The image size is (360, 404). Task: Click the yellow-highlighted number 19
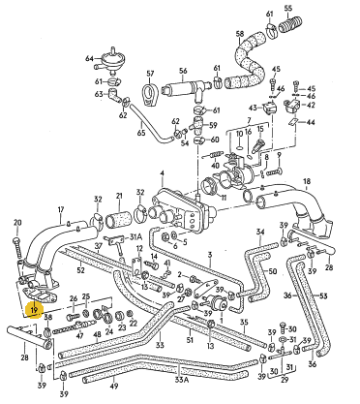pos(35,310)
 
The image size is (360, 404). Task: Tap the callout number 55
pos(288,8)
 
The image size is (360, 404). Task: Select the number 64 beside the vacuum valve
pos(89,58)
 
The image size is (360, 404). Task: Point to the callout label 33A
pos(182,380)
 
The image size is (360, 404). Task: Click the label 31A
pos(135,237)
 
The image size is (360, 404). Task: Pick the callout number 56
pos(183,71)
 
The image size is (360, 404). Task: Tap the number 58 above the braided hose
pos(240,33)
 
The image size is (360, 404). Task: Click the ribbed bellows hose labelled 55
pos(290,25)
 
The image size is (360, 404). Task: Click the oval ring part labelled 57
pos(149,94)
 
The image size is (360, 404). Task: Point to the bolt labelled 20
pos(17,250)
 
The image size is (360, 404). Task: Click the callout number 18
pos(307,181)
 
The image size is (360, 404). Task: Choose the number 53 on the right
pos(324,295)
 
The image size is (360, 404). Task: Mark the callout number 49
pos(114,386)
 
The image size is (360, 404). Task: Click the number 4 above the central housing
pos(162,173)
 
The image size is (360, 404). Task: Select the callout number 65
pos(141,133)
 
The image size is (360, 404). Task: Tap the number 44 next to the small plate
pos(311,122)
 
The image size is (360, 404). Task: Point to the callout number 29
pos(285,380)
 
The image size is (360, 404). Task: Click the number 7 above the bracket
pos(249,120)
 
